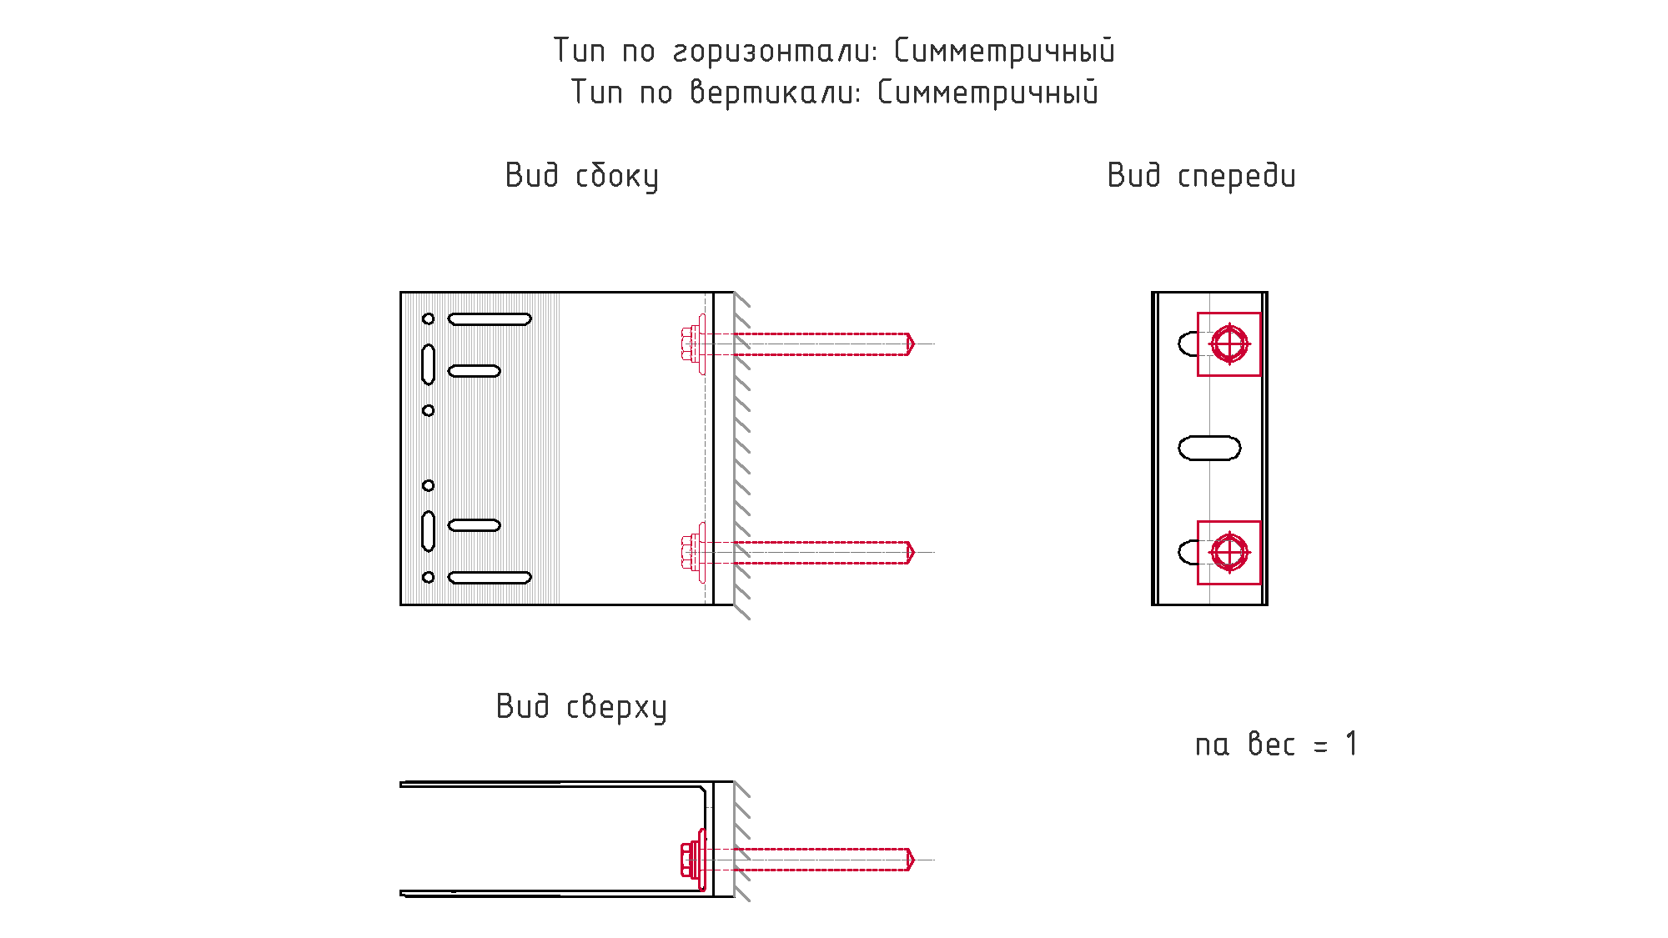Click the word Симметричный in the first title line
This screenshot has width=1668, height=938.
(1004, 52)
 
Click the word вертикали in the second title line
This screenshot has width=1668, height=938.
(775, 93)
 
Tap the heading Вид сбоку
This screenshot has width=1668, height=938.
(581, 177)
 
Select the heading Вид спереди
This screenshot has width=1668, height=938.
(1201, 177)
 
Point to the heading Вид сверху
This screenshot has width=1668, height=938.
(581, 707)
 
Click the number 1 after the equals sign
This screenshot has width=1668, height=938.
(1351, 744)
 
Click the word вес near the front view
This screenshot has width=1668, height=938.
(1271, 745)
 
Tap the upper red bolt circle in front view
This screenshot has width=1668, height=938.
(1229, 344)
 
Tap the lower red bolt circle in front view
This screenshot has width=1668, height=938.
(1229, 552)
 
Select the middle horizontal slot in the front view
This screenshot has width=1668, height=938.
(1209, 448)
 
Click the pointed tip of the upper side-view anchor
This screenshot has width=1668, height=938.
(911, 344)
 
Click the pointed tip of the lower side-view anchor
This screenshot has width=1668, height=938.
(911, 552)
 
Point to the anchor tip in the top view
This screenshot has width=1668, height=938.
(911, 860)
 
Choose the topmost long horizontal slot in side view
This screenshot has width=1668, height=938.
(490, 319)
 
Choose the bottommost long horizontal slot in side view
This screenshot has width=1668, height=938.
(490, 577)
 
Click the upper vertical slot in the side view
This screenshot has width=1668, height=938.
(428, 364)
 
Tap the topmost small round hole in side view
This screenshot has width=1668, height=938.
(428, 319)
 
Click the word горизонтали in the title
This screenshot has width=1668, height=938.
(775, 52)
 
